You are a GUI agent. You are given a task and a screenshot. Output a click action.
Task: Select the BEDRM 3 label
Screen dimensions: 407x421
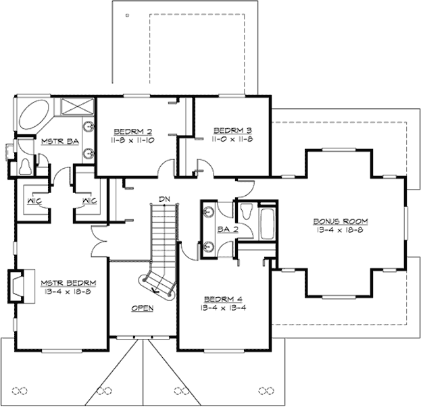(227, 130)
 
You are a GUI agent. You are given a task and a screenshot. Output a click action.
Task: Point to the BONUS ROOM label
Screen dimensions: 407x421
(340, 221)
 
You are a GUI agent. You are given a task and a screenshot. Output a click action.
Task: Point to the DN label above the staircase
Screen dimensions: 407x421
(163, 198)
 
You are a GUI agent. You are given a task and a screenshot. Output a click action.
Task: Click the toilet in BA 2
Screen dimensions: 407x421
(247, 211)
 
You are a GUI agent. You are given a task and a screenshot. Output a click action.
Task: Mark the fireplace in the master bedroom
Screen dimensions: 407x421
(17, 283)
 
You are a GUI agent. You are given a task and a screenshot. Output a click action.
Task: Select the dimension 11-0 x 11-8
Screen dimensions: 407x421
(227, 139)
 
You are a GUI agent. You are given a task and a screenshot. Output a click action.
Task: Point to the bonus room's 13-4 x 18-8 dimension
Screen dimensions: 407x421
(340, 230)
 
